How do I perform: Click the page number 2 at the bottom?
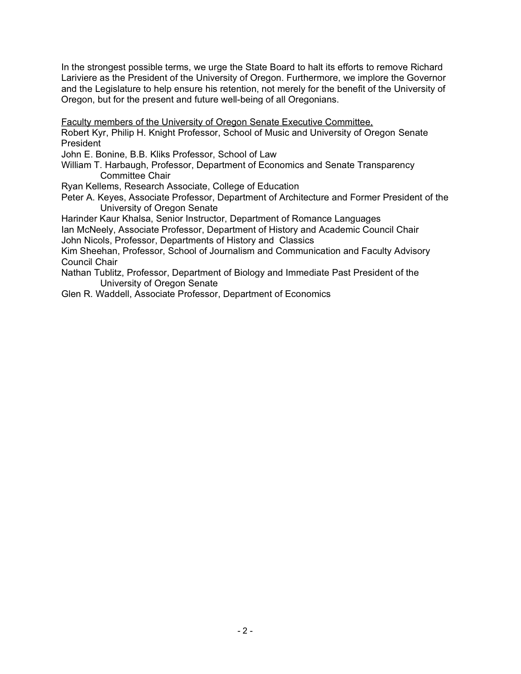[x=245, y=631]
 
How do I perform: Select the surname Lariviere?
[x=78, y=78]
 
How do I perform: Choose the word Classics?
[x=297, y=240]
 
